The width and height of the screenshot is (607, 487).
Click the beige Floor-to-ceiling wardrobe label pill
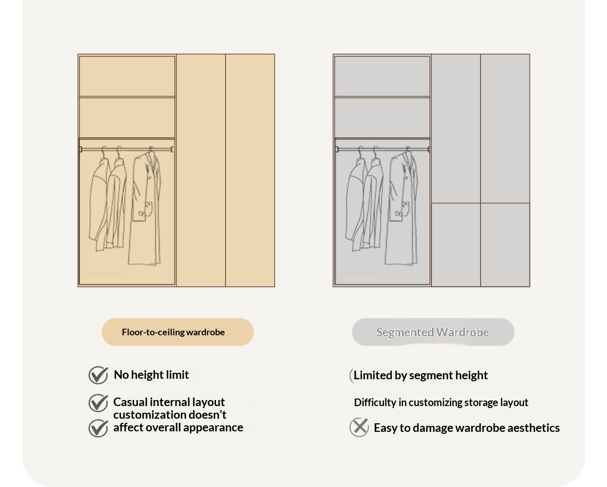pyautogui.click(x=178, y=332)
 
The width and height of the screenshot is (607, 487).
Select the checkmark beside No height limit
pyautogui.click(x=99, y=375)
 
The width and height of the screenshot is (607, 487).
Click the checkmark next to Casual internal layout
pyautogui.click(x=99, y=403)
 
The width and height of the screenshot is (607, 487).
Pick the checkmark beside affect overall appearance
pyautogui.click(x=99, y=428)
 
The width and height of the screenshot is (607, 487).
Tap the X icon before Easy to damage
pyautogui.click(x=359, y=427)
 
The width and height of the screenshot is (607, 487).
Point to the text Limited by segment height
pyautogui.click(x=420, y=376)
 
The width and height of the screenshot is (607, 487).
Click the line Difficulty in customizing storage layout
pyautogui.click(x=441, y=403)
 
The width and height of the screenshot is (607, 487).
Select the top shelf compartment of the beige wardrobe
pyautogui.click(x=127, y=76)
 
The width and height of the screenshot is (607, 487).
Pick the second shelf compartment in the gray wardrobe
pyautogui.click(x=382, y=118)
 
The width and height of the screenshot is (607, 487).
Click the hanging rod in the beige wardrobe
pyautogui.click(x=127, y=150)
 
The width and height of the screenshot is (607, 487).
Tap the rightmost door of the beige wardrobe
pyautogui.click(x=250, y=170)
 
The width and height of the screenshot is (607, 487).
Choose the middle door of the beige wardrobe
pyautogui.click(x=201, y=170)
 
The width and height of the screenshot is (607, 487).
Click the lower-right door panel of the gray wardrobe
pyautogui.click(x=505, y=245)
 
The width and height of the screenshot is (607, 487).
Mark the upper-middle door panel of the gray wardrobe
pyautogui.click(x=456, y=128)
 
